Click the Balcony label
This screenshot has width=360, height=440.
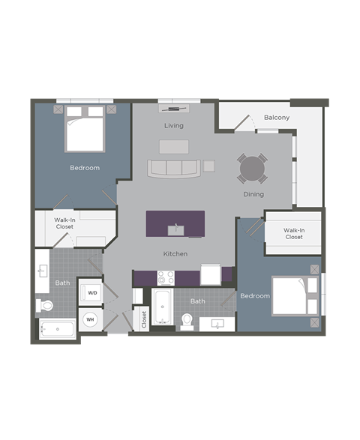pyautogui.click(x=277, y=118)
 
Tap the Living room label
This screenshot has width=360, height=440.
pyautogui.click(x=174, y=125)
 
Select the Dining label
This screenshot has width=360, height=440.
pyautogui.click(x=253, y=194)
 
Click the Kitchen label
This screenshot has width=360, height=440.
pyautogui.click(x=175, y=254)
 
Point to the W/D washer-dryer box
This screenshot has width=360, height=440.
pyautogui.click(x=92, y=292)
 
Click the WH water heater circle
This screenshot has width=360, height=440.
pyautogui.click(x=90, y=319)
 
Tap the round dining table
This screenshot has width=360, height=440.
pyautogui.click(x=252, y=169)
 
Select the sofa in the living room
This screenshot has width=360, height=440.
pyautogui.click(x=172, y=167)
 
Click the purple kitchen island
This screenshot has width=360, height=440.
pyautogui.click(x=175, y=223)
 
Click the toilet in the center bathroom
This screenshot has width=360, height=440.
pyautogui.click(x=187, y=321)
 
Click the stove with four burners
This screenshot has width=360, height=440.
pyautogui.click(x=165, y=277)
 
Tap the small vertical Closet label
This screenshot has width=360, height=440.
pyautogui.click(x=143, y=319)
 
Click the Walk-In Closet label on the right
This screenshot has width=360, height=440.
pyautogui.click(x=294, y=233)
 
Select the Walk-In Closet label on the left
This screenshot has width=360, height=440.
pyautogui.click(x=64, y=223)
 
